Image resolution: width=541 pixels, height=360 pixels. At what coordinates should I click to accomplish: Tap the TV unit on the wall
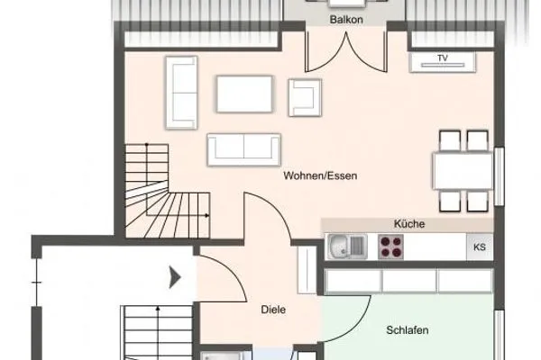pos(442,60)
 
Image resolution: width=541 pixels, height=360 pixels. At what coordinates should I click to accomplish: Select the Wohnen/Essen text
pos(320,176)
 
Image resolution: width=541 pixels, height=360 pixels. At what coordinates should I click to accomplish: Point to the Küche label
pos(408,224)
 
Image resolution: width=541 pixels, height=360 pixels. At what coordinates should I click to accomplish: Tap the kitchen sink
pos(345,246)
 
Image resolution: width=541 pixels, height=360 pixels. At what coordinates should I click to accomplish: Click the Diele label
pos(273,310)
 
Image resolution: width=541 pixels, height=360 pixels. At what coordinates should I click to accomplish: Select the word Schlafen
pos(408,330)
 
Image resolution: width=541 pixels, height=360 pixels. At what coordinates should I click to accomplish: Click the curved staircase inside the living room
pos(168,192)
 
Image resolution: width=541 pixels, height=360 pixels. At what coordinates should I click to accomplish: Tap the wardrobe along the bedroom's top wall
pos(409,281)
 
